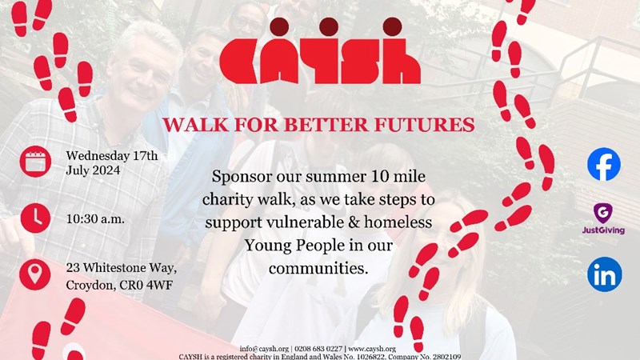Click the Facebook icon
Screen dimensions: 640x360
[604, 164]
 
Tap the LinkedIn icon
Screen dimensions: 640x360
[605, 274]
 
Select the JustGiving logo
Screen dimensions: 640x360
[603, 218]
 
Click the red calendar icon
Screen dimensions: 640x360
[35, 162]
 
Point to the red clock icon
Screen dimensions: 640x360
[35, 218]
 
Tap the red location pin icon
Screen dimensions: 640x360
[35, 274]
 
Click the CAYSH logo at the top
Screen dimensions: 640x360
[320, 50]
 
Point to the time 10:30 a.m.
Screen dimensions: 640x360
[95, 219]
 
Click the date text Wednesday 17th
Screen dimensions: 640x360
[112, 155]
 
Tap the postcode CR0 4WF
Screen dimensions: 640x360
[146, 285]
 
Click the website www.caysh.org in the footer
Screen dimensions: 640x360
[372, 349]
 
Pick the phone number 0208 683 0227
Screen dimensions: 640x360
[318, 349]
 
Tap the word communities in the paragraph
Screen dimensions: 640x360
[318, 269]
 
